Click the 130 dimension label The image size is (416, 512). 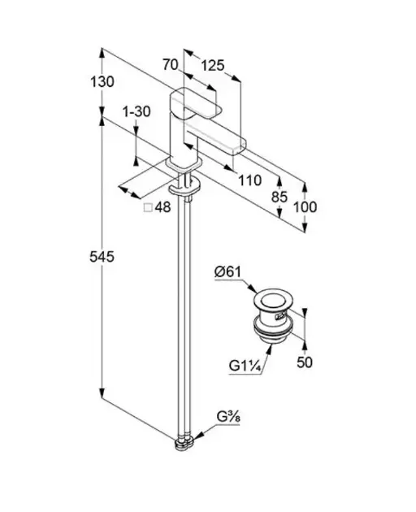pos(102,81)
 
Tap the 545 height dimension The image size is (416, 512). pos(102,257)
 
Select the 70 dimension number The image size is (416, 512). pos(171,64)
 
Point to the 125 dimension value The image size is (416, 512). pos(213,66)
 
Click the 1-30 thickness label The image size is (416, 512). pos(136,111)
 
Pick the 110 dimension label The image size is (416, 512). pos(249,180)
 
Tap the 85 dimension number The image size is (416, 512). pos(279,197)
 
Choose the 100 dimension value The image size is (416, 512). pos(305,207)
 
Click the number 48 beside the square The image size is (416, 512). pos(162,207)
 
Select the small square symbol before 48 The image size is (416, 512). pos(148,207)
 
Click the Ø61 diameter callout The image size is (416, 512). pos(227,271)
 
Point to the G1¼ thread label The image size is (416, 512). pos(245,366)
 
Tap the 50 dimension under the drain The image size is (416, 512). pos(305,362)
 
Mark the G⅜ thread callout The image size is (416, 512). pos(228,417)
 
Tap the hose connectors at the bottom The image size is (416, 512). pos(184,443)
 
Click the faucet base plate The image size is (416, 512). pos(183,164)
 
